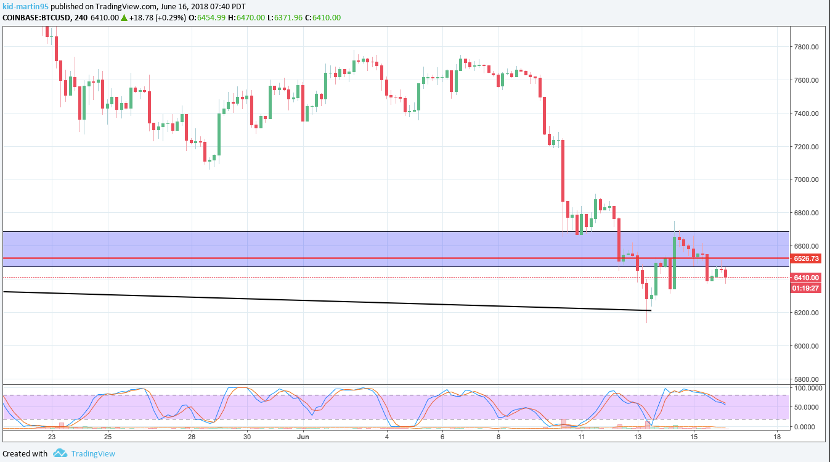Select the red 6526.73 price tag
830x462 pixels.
(x=806, y=258)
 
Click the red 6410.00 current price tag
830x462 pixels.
(x=806, y=278)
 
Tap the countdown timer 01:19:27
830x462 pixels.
(x=806, y=288)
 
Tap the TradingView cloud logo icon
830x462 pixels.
(x=60, y=453)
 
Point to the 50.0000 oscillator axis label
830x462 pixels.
(x=807, y=407)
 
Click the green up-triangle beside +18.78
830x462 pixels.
(x=124, y=17)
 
